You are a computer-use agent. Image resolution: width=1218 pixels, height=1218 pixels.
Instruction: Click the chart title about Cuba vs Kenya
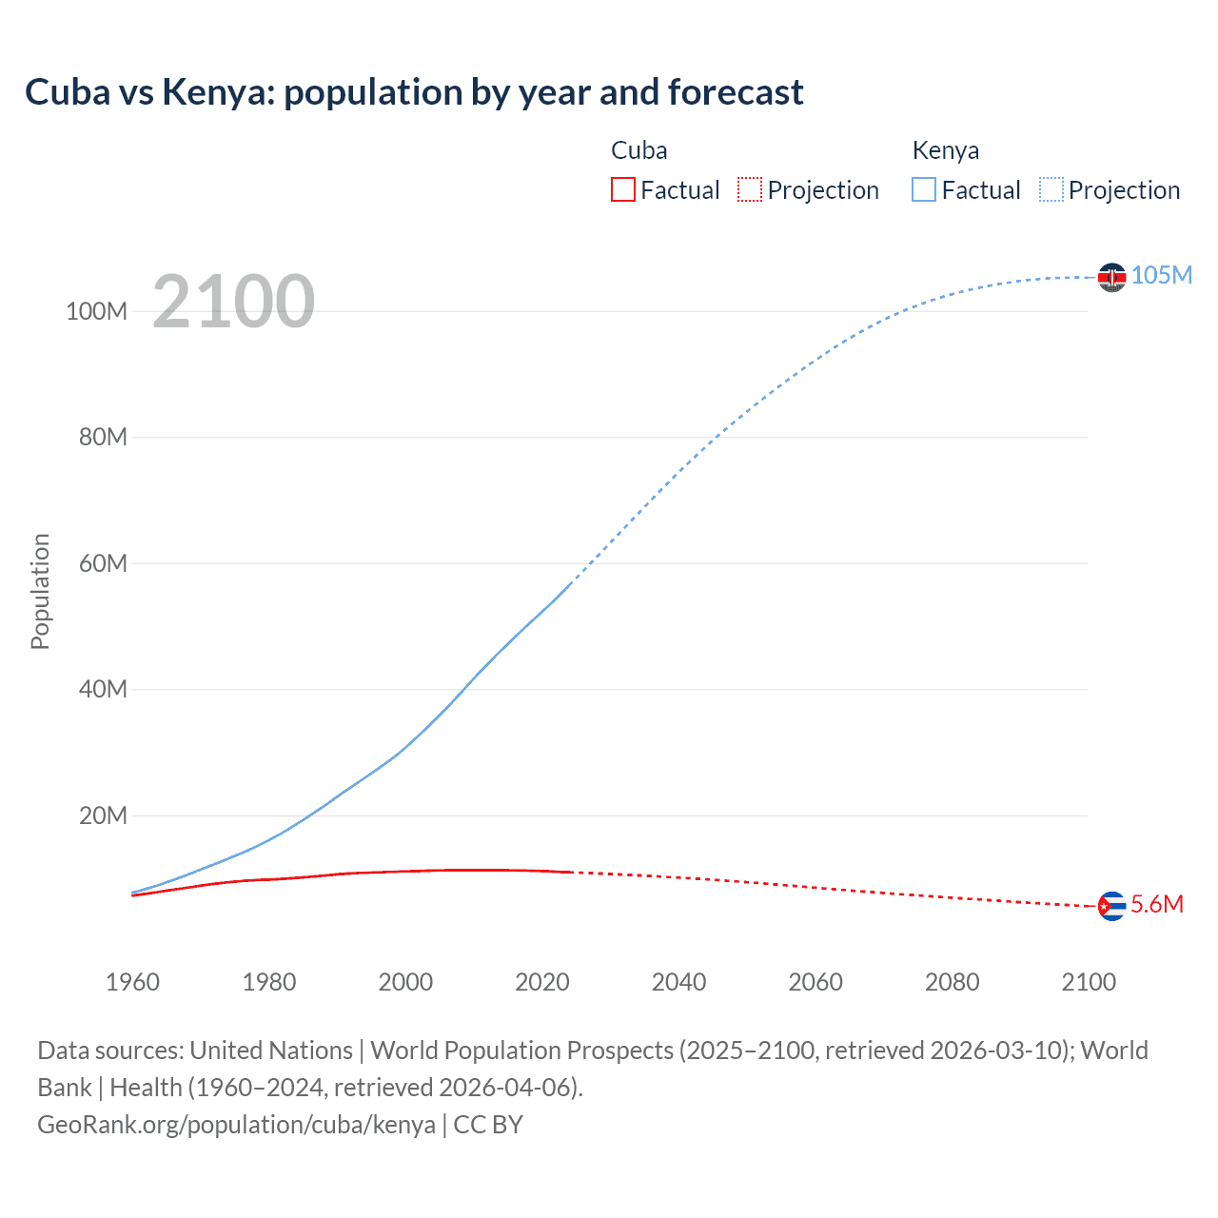coord(414,92)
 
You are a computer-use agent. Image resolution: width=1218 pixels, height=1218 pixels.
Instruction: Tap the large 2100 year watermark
coord(233,302)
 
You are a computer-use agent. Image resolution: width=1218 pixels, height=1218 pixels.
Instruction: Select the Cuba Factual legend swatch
coord(622,190)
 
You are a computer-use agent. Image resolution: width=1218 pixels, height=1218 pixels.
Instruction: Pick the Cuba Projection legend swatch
coord(750,190)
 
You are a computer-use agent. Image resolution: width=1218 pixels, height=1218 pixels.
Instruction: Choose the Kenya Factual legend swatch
coord(924,190)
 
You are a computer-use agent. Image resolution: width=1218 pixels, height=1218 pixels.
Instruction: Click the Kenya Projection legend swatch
coord(1051,190)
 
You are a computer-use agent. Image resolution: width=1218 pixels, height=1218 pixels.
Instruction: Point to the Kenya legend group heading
coord(945,150)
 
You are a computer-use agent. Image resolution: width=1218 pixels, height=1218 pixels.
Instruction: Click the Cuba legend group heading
coord(638,150)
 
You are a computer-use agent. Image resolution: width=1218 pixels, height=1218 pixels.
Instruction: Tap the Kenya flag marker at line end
coord(1111,277)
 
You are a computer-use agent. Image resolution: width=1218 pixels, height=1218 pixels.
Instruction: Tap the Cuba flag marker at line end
coord(1111,906)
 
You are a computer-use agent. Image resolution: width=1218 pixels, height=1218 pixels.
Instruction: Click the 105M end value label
coord(1161,275)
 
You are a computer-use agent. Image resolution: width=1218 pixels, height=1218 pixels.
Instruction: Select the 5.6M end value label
coord(1157,904)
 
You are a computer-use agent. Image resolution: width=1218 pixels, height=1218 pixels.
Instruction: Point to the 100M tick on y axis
coord(96,311)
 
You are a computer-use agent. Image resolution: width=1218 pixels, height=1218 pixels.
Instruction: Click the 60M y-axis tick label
coord(103,563)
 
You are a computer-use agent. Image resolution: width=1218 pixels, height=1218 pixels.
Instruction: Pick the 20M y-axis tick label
coord(103,815)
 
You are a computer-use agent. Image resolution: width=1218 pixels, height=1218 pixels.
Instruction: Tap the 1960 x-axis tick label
coord(132,982)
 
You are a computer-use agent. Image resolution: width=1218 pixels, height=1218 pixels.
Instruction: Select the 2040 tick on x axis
coord(678,982)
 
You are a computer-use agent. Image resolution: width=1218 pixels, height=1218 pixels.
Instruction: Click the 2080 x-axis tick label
coord(952,982)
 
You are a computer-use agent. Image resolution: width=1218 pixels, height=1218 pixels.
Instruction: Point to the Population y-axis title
coord(40,591)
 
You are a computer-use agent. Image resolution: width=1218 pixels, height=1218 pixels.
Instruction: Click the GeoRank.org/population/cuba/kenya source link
coord(236,1125)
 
